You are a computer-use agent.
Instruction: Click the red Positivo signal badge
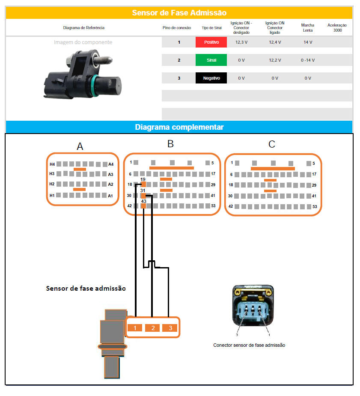coord(211,42)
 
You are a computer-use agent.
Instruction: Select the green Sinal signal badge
coord(211,60)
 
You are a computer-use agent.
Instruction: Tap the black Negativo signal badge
coord(211,78)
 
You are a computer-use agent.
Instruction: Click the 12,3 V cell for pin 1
coord(241,42)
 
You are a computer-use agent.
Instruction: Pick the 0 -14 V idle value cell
coord(307,60)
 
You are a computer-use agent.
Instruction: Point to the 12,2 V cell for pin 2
coord(275,60)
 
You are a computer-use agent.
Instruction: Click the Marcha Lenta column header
coord(307,27)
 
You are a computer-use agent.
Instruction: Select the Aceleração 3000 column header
coord(337,27)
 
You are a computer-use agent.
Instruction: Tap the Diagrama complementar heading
coord(179,127)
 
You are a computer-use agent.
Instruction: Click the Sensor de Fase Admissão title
coord(179,13)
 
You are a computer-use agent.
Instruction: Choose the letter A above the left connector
coord(80,146)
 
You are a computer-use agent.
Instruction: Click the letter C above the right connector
coord(271,144)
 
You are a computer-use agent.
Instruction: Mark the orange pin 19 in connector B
coord(143,185)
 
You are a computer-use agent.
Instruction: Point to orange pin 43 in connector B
coord(143,206)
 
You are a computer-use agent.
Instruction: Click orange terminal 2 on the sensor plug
coord(152,328)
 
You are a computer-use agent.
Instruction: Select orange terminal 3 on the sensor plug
coord(170,328)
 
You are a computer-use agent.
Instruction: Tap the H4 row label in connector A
coord(52,164)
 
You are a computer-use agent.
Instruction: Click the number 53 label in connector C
coord(315,206)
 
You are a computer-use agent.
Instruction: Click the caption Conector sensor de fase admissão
coord(249,345)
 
